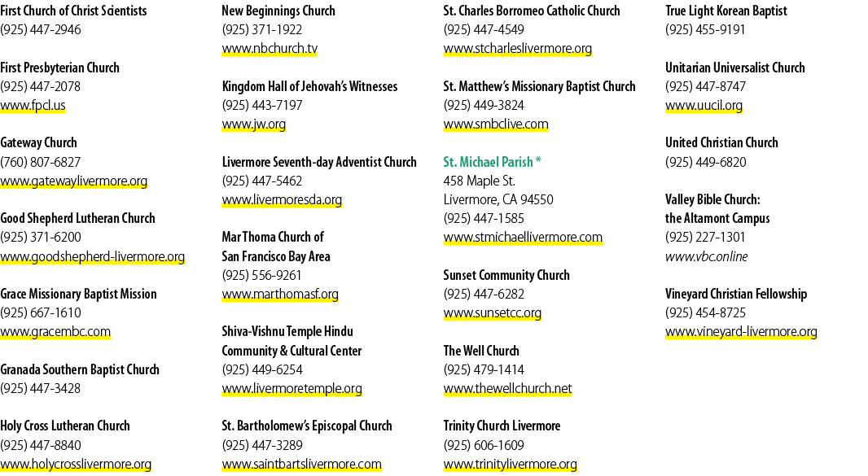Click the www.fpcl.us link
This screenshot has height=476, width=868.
(33, 105)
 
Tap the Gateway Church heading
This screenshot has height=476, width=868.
(39, 143)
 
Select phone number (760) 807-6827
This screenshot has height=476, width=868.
(41, 162)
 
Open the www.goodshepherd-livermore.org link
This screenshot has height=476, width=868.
(93, 257)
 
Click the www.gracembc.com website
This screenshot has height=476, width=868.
(55, 331)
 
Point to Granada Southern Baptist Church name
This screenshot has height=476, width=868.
(80, 369)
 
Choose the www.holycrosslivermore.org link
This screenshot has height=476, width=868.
(76, 464)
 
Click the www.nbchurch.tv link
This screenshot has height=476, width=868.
(270, 49)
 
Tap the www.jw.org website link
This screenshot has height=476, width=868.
(254, 124)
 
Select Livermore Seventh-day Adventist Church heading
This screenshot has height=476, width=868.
(319, 162)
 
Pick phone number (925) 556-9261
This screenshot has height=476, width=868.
(262, 275)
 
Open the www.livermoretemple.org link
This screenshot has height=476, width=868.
(292, 389)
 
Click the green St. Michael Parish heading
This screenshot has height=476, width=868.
(492, 162)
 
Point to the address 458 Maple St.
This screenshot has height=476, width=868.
(480, 181)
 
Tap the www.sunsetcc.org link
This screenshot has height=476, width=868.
(492, 312)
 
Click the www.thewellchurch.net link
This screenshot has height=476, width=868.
(507, 389)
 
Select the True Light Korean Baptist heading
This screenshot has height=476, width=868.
(726, 11)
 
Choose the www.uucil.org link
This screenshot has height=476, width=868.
(704, 105)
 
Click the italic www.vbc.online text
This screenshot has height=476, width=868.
(706, 256)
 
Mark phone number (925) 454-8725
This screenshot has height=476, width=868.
(706, 312)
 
